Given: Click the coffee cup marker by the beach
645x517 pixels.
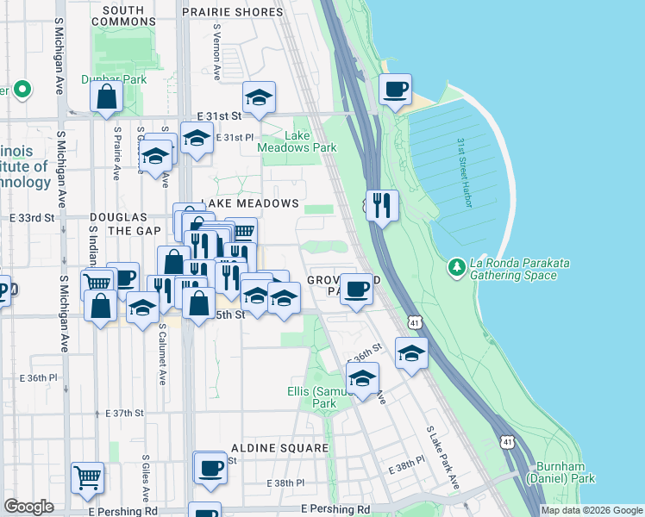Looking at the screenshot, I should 395,90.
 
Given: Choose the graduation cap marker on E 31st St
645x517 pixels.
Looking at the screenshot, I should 258,99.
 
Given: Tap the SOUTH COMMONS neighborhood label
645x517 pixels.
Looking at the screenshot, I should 135,10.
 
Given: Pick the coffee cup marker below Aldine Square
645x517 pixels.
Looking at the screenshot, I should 210,468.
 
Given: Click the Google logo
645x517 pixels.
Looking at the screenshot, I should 28,507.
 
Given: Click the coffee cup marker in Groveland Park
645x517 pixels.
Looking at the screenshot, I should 356,289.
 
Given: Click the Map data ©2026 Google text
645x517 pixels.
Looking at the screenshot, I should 592,510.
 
